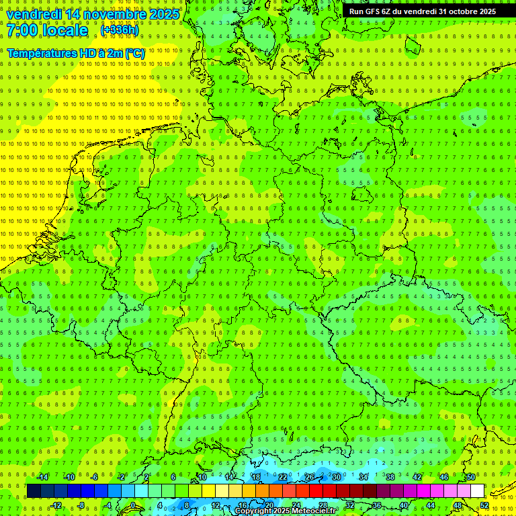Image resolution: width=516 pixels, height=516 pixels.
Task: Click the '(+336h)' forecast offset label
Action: click(119, 30)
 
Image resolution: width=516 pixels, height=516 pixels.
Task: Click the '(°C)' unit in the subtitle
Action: click(134, 53)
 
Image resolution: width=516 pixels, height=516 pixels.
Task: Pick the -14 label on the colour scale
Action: click(43, 477)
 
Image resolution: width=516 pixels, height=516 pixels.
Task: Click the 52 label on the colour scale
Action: click(484, 505)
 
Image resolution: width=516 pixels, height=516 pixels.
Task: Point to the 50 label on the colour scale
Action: click(471, 477)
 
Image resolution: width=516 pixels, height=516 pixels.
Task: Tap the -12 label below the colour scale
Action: click(56, 505)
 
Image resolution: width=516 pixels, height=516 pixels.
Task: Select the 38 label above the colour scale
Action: click(390, 477)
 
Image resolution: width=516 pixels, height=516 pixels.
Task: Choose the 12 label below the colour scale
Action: click(216, 505)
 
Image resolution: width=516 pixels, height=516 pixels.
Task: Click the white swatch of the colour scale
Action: click(477, 491)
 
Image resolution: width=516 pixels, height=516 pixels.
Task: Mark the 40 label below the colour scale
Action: click(404, 505)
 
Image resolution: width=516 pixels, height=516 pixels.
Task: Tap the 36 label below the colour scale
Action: click(377, 505)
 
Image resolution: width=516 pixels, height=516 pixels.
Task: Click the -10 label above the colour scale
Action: click(69, 477)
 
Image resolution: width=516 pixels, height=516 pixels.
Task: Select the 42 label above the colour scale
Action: click(417, 477)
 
